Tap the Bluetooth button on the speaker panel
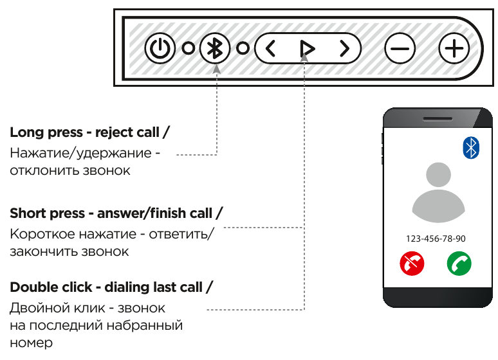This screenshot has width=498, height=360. click(x=216, y=48)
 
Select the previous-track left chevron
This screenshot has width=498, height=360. click(x=270, y=48)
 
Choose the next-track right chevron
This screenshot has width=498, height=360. click(x=345, y=48)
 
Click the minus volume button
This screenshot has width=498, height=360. click(x=400, y=48)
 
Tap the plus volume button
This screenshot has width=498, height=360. click(x=454, y=48)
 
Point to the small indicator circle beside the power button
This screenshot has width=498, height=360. click(x=188, y=48)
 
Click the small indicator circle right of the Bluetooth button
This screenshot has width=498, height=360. click(x=243, y=48)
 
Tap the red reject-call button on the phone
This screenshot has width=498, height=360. click(x=412, y=263)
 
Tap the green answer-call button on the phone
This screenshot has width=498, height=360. click(x=459, y=263)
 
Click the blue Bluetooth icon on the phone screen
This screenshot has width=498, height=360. click(x=472, y=148)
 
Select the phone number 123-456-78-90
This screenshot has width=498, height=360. click(x=436, y=239)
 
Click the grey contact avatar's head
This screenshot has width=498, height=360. click(x=438, y=177)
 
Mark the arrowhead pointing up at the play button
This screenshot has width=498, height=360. click(x=304, y=59)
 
